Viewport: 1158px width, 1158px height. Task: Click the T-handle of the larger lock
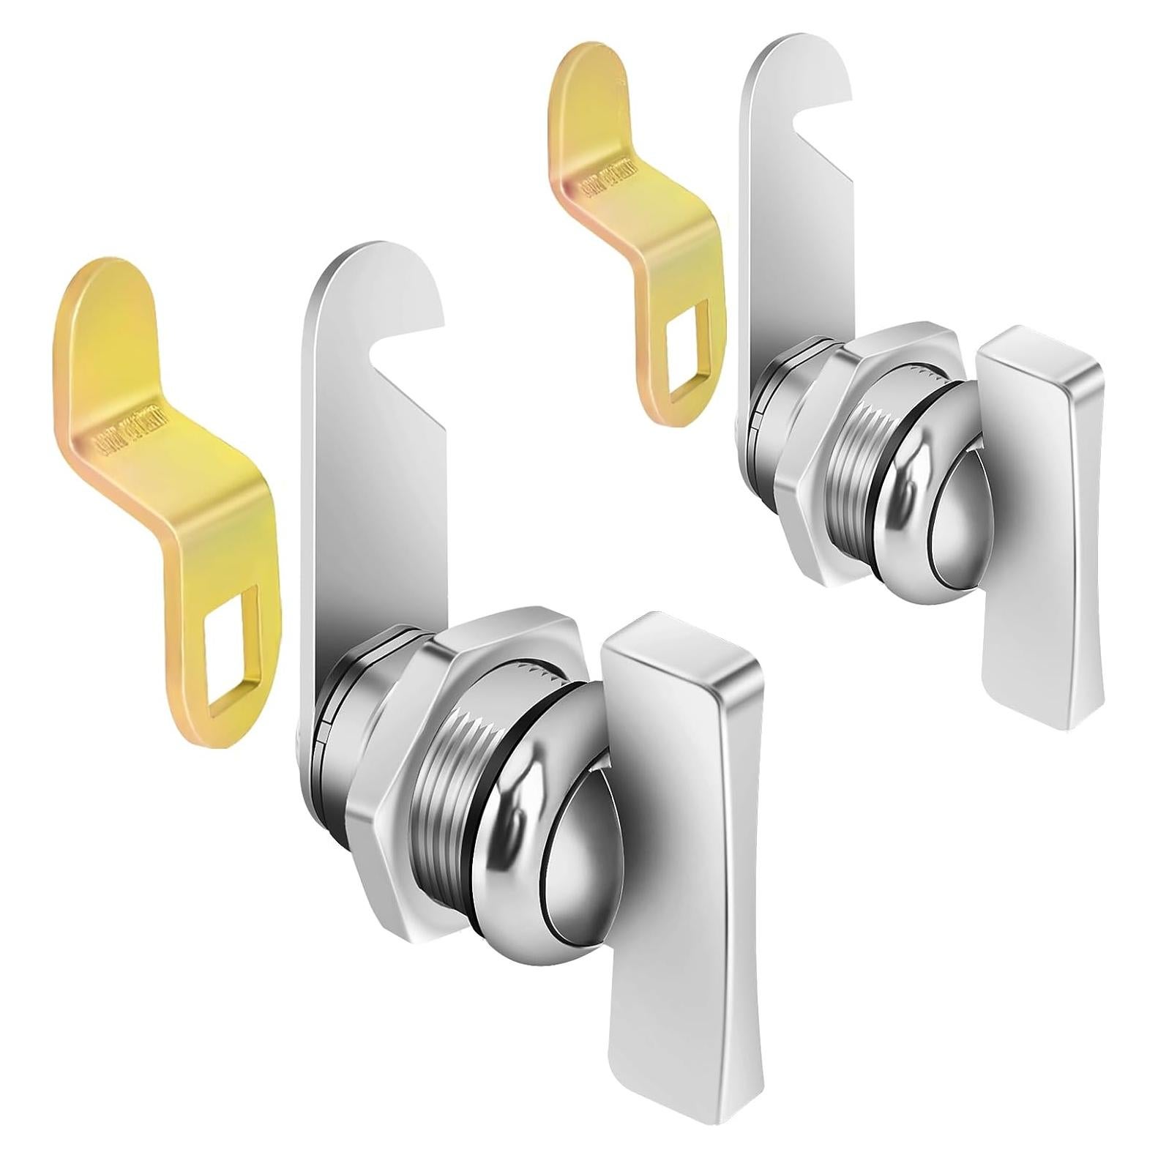(673, 864)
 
